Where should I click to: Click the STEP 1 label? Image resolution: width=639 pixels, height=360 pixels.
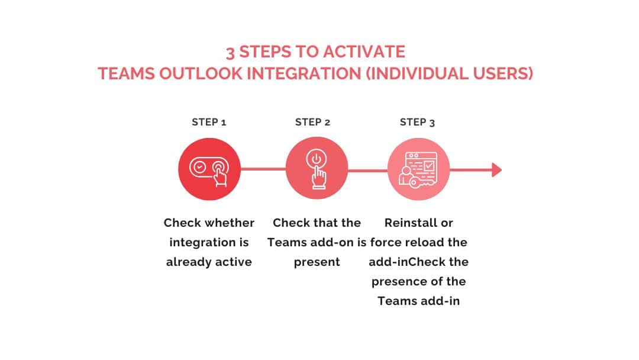tap(209, 123)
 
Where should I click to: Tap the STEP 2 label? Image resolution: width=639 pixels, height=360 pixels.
tap(312, 123)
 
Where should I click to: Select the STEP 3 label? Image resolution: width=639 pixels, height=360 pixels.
tap(417, 123)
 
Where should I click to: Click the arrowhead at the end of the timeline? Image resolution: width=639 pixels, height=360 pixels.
tap(497, 169)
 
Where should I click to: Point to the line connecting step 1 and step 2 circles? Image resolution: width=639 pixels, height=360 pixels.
tap(263, 169)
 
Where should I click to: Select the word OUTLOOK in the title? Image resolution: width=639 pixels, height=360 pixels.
tap(201, 74)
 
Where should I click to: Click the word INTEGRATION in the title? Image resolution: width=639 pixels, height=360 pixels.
tap(304, 74)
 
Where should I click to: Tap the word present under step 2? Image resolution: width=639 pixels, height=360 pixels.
tap(317, 262)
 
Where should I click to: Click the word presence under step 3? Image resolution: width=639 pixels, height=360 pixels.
tap(398, 282)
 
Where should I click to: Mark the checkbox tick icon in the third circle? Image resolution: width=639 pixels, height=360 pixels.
tap(429, 166)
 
